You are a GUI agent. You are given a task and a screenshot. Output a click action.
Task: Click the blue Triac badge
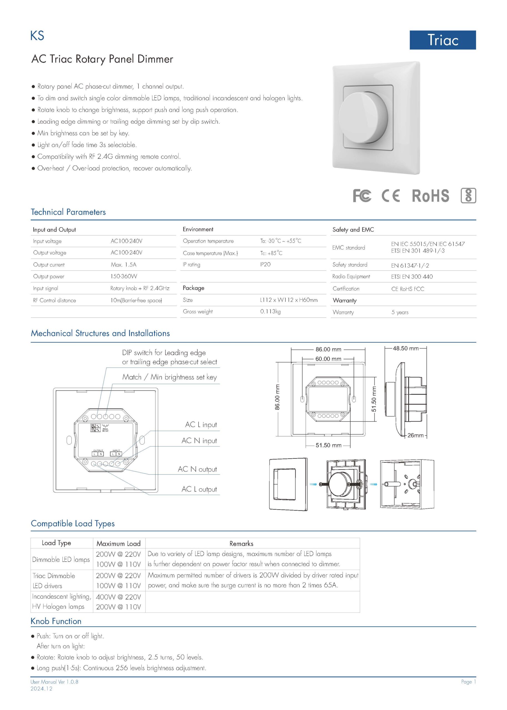pyautogui.click(x=442, y=40)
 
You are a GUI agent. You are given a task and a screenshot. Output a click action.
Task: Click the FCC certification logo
pyautogui.click(x=362, y=196)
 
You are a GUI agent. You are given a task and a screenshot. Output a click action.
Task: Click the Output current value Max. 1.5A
pyautogui.click(x=123, y=265)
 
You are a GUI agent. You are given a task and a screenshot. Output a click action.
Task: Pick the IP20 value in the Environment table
pyautogui.click(x=265, y=264)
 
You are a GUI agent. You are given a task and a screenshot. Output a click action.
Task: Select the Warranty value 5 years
pyautogui.click(x=400, y=312)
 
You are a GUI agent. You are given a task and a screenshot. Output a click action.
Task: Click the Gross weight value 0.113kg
pyautogui.click(x=270, y=311)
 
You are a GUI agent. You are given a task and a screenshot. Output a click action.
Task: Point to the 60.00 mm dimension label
pyautogui.click(x=328, y=359)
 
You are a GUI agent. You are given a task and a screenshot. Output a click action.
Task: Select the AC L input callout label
pyautogui.click(x=201, y=425)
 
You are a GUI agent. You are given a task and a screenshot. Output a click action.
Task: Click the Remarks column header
pyautogui.click(x=241, y=544)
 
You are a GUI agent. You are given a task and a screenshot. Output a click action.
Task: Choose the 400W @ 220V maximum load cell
pyautogui.click(x=118, y=597)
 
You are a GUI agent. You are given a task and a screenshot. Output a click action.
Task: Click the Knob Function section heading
pyautogui.click(x=56, y=621)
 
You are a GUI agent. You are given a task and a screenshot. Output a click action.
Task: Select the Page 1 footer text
pyautogui.click(x=468, y=682)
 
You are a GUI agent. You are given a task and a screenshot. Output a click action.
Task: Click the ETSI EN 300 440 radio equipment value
pyautogui.click(x=412, y=277)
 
